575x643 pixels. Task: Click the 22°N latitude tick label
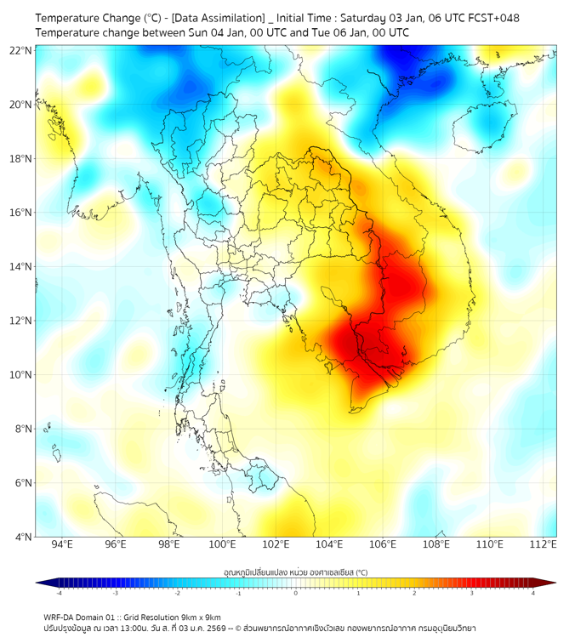(x=21, y=51)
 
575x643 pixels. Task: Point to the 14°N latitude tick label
(x=21, y=267)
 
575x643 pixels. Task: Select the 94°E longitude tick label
(x=62, y=545)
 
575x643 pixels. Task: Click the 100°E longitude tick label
(x=223, y=545)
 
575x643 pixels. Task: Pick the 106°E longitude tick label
(x=384, y=545)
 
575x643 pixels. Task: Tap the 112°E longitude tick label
(x=544, y=545)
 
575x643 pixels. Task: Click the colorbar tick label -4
(x=59, y=593)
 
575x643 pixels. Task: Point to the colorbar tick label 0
(x=296, y=593)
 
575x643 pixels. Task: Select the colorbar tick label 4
(x=532, y=593)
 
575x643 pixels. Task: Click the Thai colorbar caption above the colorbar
(x=295, y=572)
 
